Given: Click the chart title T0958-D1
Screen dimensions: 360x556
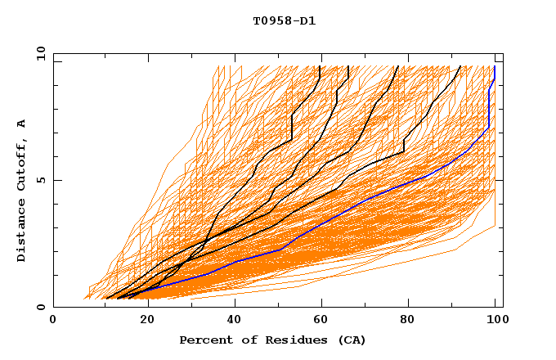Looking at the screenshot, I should (284, 21).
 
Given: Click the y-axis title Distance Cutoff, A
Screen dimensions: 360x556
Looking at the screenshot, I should (22, 190).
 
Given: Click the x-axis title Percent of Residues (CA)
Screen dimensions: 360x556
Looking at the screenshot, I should (272, 340).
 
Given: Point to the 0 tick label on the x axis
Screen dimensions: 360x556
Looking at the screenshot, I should (53, 320).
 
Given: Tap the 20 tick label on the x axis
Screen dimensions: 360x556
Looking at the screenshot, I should (142, 320).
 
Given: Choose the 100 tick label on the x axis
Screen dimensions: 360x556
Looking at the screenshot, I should (495, 320).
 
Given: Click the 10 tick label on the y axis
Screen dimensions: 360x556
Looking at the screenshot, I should (40, 53).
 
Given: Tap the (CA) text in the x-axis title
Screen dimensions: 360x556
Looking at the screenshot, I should (352, 340).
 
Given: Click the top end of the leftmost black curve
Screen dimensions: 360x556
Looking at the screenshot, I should (321, 66).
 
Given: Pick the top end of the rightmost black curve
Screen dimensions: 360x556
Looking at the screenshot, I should (460, 66).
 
